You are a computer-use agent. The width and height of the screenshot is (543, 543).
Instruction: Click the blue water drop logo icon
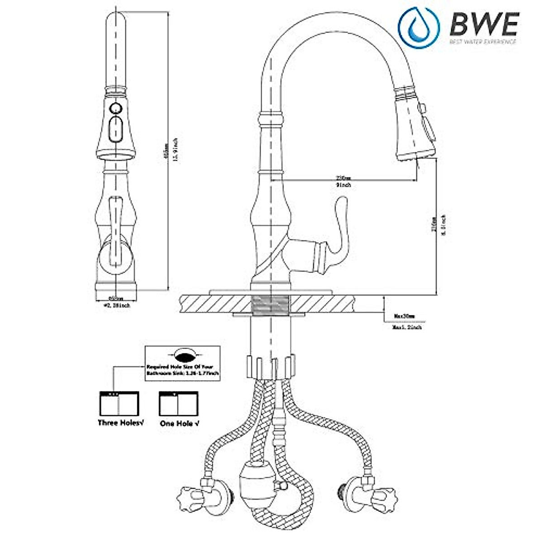[418, 24]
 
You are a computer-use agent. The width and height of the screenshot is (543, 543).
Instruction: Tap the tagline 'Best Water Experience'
[482, 42]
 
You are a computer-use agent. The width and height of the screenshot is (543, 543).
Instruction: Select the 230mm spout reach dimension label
[343, 178]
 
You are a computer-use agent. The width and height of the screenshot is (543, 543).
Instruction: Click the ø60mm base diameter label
[117, 298]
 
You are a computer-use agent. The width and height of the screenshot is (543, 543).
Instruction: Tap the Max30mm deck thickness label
[404, 316]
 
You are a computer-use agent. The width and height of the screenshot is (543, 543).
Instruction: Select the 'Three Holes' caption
[120, 423]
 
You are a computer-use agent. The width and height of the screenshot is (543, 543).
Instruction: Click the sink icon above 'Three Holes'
[119, 404]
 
